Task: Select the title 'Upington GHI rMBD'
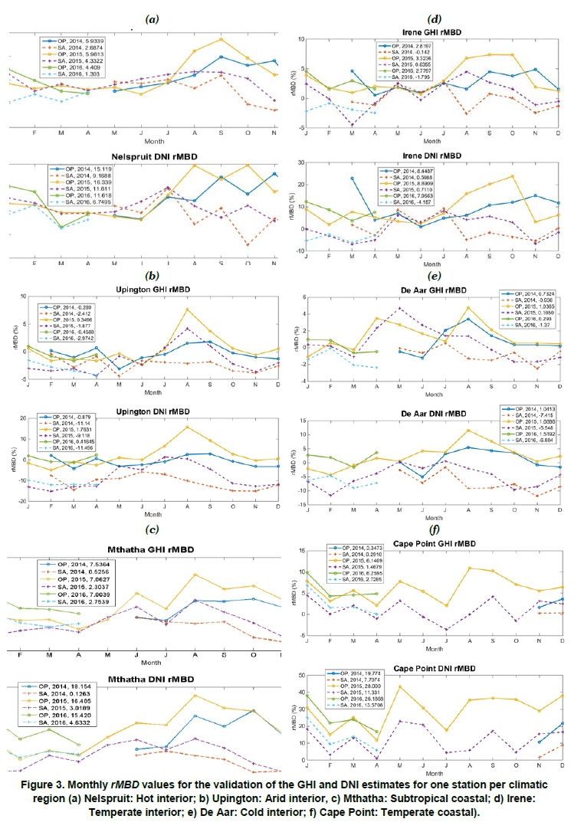pos(146,290)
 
